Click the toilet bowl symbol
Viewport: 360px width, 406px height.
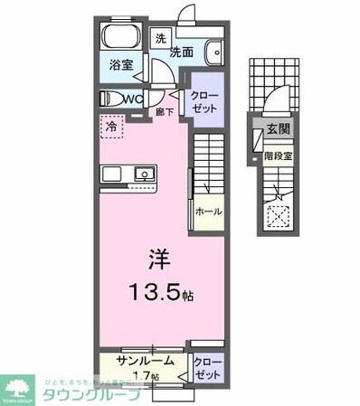click(108, 98)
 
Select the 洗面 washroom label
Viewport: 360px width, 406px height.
click(182, 52)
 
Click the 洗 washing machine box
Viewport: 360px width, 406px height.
click(159, 39)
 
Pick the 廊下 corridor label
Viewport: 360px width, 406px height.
click(163, 112)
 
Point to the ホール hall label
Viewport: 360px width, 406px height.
click(209, 212)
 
